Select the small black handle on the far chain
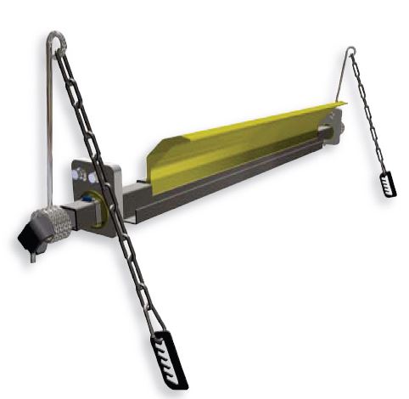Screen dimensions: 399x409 (x=388, y=183)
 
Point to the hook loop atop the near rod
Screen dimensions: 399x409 (x=57, y=42)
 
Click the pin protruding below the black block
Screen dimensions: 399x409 (x=32, y=256)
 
